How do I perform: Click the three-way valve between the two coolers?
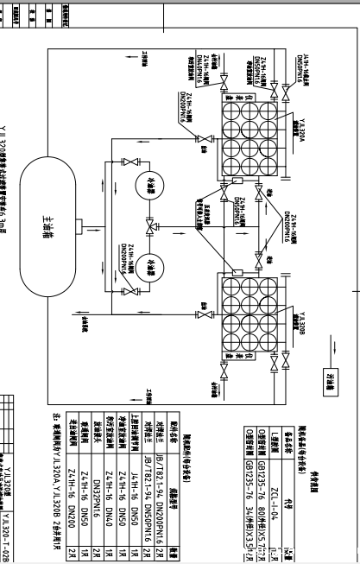[x=150, y=227]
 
